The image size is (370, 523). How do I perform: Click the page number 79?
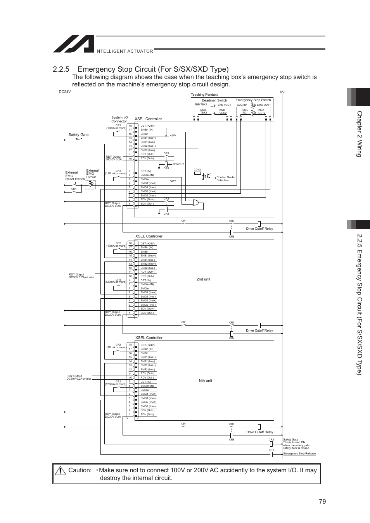point(323,501)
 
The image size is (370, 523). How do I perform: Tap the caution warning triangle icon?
point(60,470)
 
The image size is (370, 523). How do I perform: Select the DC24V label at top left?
point(65,92)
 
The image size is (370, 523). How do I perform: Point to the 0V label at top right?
point(282,92)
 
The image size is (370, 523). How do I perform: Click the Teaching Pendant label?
point(204,95)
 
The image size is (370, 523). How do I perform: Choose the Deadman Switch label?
point(214,100)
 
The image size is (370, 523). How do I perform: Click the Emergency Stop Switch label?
point(253,100)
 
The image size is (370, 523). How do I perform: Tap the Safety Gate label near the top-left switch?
point(78,135)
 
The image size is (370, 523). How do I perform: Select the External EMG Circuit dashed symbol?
point(90,184)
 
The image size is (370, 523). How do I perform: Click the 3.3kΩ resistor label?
point(197,169)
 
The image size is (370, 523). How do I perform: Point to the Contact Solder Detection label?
point(226,179)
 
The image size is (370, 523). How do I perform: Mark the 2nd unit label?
point(203,279)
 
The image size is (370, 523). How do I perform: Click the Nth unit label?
point(205,381)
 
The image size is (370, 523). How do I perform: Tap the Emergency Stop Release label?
point(299,453)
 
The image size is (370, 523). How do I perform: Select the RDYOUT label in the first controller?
point(178,164)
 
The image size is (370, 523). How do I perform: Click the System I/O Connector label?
point(119,119)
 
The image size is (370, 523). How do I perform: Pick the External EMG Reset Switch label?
point(74,176)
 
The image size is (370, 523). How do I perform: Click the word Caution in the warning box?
point(80,470)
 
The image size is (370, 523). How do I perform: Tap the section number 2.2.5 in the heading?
point(62,69)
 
